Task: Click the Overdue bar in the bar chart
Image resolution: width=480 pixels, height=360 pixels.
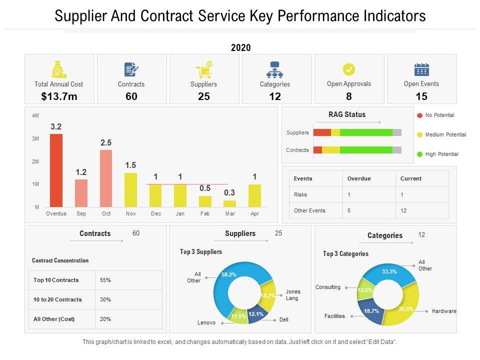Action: pos(56,170)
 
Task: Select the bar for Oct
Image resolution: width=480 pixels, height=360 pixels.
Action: pos(106,178)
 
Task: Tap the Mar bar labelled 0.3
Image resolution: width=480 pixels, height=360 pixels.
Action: pos(229,203)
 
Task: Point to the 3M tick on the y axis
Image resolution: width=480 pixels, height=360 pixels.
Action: pos(35,138)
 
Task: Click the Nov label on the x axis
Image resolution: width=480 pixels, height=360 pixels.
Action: pos(130,213)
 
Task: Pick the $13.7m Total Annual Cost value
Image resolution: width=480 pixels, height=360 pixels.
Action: pos(59,96)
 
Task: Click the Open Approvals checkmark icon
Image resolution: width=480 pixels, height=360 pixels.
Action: pos(349,69)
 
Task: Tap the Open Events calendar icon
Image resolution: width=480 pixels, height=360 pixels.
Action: pos(421,69)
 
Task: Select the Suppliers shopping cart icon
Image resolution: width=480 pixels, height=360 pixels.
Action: pos(203,70)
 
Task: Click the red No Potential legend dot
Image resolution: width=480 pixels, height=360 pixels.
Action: pos(420,115)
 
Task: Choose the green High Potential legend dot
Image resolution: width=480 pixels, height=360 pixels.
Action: pos(420,154)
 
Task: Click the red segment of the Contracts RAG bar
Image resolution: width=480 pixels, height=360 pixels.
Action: pos(317,150)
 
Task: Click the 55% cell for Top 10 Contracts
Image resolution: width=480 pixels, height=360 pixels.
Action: pos(105,280)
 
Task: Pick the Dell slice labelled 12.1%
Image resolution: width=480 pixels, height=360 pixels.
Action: pos(256,314)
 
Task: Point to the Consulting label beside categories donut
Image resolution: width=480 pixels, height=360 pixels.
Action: pos(328,287)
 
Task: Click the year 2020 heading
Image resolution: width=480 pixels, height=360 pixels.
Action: pos(240,48)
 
